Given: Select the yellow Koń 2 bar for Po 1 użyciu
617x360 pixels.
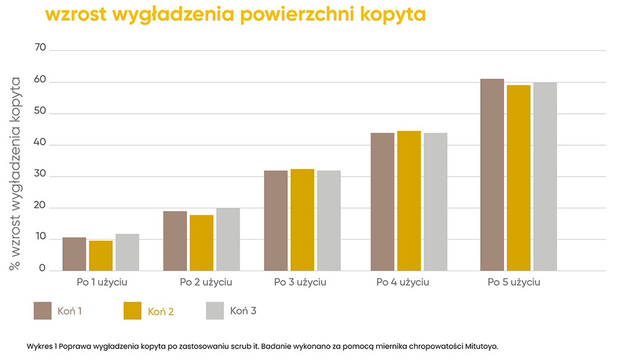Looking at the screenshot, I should pyautogui.click(x=101, y=255).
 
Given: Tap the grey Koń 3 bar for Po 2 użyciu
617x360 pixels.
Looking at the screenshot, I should pyautogui.click(x=228, y=239).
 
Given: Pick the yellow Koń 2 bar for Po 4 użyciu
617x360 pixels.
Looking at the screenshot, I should pyautogui.click(x=409, y=200).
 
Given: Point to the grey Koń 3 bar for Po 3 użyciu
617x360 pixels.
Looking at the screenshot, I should pyautogui.click(x=329, y=220).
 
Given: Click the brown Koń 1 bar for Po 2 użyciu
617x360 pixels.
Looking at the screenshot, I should pyautogui.click(x=175, y=241).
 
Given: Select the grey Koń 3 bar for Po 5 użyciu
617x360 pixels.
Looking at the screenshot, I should pyautogui.click(x=545, y=176).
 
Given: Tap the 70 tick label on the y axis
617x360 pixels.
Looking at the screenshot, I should pyautogui.click(x=39, y=48).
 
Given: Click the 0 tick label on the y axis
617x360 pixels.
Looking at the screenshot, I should pyautogui.click(x=42, y=269).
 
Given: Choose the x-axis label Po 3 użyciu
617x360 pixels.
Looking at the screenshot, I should pyautogui.click(x=300, y=283).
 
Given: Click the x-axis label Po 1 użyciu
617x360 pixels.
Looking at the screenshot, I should pyautogui.click(x=102, y=283).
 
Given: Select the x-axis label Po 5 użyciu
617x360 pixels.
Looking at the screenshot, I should pyautogui.click(x=514, y=283).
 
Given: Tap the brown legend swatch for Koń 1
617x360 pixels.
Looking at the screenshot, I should pyautogui.click(x=42, y=310).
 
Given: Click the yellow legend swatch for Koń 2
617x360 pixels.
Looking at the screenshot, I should pyautogui.click(x=132, y=310).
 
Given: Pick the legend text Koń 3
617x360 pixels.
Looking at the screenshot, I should pyautogui.click(x=243, y=311).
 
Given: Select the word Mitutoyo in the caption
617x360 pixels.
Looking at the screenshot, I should pyautogui.click(x=482, y=347).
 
